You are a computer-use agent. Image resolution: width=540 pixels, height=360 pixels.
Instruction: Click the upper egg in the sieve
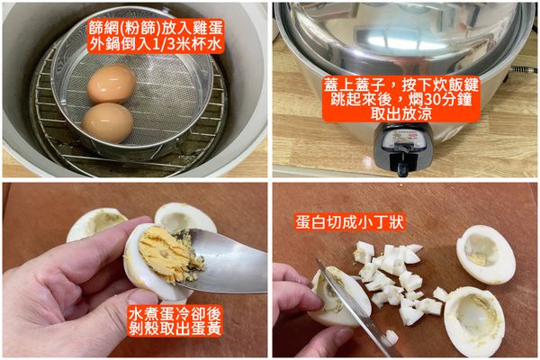112,84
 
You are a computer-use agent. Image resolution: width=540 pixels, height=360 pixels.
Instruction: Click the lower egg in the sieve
108,122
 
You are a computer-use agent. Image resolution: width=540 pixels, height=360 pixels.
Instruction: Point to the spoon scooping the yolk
228,261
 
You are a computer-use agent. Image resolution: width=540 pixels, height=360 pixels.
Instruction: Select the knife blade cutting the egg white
355,308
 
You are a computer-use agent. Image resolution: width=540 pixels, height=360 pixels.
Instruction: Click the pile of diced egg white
396,283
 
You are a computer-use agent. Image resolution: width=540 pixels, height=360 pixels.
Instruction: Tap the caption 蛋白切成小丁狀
349,222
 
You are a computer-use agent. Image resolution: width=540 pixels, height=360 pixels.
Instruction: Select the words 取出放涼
400,114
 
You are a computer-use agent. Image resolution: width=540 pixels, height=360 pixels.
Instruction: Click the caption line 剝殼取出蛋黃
175,328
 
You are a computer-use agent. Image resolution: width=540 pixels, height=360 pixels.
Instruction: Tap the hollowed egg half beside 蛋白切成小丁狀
486,254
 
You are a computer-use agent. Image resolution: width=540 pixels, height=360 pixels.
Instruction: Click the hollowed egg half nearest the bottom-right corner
474,321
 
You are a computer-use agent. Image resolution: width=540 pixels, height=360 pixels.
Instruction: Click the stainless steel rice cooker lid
403,34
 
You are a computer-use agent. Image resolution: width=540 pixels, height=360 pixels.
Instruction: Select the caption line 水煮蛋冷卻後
175,313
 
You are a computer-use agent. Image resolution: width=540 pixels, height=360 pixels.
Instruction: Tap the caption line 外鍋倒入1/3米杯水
156,44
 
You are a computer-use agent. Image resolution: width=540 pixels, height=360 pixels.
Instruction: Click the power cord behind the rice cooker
524,70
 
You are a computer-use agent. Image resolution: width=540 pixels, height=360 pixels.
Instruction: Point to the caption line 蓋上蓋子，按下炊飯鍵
400,85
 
